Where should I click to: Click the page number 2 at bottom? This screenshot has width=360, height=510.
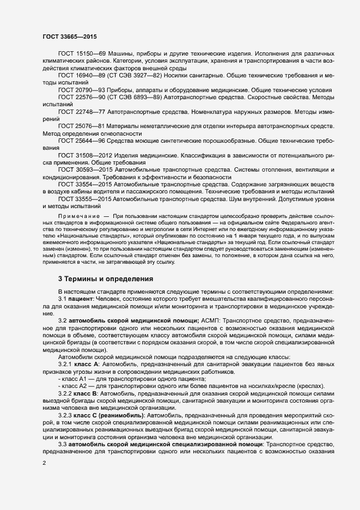point(44,464)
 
